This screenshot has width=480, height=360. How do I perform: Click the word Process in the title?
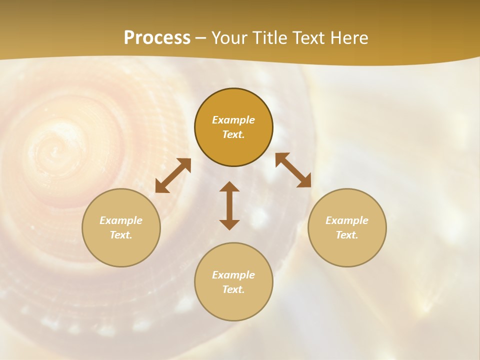[157, 38]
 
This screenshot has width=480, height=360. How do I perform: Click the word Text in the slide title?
[309, 38]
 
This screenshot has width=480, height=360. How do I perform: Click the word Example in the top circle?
[233, 120]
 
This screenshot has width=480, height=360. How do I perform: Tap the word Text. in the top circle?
[233, 134]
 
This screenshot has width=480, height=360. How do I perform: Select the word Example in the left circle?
[121, 220]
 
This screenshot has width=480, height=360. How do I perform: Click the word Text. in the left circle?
[121, 235]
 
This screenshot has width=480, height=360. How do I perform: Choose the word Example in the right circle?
[347, 220]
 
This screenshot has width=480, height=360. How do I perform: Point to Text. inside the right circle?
[347, 235]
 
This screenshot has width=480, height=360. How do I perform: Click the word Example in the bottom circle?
[233, 275]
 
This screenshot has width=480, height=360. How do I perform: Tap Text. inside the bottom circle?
[233, 289]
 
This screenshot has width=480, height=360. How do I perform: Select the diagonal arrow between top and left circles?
[173, 175]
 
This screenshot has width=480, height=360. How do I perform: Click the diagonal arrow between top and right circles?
[293, 170]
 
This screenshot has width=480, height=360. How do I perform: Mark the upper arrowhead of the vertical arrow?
[229, 187]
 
